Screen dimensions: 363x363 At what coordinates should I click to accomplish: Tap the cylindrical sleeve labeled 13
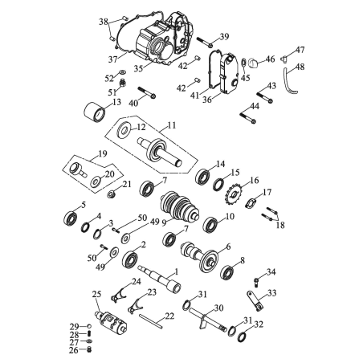(x=95, y=112)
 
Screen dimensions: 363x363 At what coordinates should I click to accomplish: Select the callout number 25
(x=96, y=295)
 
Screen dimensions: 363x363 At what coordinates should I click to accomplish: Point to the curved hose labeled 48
(x=289, y=82)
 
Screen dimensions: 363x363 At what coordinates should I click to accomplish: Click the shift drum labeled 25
(x=111, y=323)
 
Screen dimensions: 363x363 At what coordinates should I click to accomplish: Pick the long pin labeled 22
(x=151, y=320)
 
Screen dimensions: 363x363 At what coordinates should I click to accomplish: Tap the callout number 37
(x=112, y=59)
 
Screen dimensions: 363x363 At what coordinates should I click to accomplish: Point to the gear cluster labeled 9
(x=179, y=208)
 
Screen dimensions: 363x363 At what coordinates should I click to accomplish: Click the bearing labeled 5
(x=71, y=218)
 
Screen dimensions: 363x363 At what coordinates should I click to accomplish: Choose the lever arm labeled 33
(x=255, y=300)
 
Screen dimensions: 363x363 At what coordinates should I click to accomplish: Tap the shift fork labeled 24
(x=118, y=295)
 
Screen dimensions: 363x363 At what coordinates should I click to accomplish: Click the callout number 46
(x=270, y=59)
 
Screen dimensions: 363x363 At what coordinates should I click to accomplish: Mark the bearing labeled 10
(x=210, y=225)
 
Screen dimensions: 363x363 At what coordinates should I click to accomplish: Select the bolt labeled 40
(x=147, y=92)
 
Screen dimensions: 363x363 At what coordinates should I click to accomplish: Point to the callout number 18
(x=280, y=225)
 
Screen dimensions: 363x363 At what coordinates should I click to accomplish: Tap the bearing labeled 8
(x=227, y=272)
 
